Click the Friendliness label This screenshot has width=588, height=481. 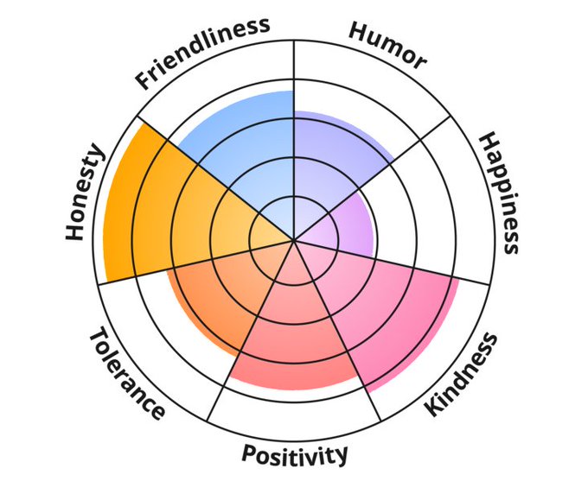203,53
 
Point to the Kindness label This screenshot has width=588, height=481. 463,375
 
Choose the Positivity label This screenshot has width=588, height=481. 295,453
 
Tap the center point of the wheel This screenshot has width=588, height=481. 294,240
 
